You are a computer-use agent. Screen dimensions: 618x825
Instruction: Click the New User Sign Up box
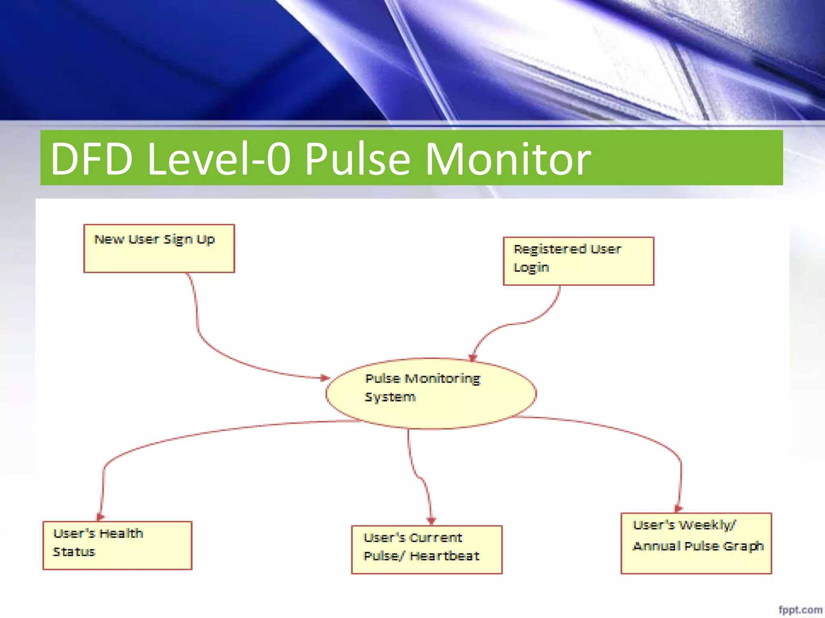point(159,248)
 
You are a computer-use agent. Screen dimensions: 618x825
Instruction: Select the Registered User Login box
point(578,261)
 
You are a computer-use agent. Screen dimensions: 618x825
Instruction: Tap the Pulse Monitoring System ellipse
point(431,393)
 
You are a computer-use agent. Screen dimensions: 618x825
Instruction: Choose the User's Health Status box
point(117,545)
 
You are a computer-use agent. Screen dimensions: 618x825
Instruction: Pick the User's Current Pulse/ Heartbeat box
point(427,549)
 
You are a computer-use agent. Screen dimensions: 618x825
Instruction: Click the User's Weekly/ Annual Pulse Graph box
point(696,543)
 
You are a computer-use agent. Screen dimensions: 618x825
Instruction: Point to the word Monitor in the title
point(508,159)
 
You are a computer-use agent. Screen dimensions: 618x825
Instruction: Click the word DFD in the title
point(91,159)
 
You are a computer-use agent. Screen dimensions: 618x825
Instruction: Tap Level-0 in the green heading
point(219,159)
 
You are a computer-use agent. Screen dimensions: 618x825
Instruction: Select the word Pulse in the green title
point(357,159)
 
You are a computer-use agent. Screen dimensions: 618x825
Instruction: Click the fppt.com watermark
point(800,610)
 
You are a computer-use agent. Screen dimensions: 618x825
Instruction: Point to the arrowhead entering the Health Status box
point(100,517)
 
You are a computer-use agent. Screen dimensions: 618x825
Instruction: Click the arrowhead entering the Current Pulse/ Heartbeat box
point(431,521)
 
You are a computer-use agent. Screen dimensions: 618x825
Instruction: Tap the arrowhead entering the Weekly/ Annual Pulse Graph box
point(678,509)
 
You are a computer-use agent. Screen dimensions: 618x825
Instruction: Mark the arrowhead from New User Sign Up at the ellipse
point(325,377)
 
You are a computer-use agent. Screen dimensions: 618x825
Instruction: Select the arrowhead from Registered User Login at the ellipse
point(473,357)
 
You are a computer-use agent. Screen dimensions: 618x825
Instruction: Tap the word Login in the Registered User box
point(531,268)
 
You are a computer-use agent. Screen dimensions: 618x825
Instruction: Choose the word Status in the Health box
point(74,552)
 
